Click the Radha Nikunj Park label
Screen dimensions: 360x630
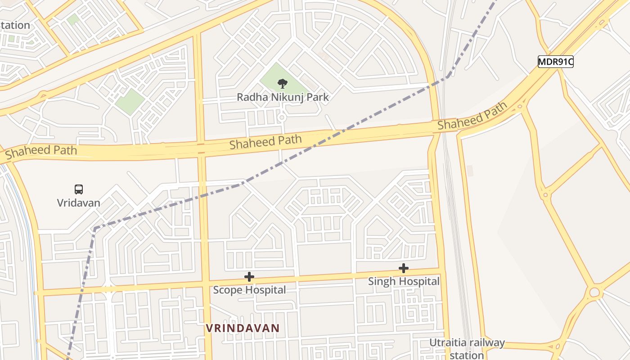tap(283, 97)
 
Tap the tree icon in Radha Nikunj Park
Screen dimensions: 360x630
tap(282, 83)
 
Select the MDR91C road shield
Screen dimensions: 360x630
tap(556, 62)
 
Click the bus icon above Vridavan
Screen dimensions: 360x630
tap(79, 189)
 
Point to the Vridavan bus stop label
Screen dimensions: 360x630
tap(79, 202)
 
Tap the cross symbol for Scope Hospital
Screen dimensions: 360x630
tap(249, 277)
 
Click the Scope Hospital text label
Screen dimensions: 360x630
tap(249, 290)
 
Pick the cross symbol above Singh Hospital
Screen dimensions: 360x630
tap(404, 268)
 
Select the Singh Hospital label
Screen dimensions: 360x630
tap(404, 281)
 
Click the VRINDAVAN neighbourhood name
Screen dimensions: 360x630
tap(243, 328)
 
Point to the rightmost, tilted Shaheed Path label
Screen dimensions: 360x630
tap(472, 116)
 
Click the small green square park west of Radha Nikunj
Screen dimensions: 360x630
tap(130, 101)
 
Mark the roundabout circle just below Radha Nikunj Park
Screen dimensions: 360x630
tap(282, 118)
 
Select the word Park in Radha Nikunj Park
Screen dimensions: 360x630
tap(318, 97)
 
